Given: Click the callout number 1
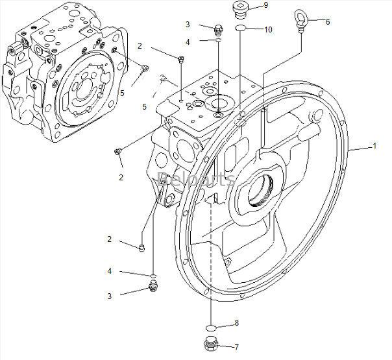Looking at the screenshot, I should (x=374, y=146).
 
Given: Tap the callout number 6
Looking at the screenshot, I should (x=328, y=21).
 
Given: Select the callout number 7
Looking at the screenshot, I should (x=236, y=347).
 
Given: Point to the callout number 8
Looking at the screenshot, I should (x=236, y=322).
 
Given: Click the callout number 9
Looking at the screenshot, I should (x=265, y=5).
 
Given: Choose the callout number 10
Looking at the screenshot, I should (x=268, y=30).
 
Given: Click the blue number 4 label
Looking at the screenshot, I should (x=110, y=270).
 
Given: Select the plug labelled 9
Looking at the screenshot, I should (x=240, y=10).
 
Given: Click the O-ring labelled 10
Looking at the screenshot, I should (x=240, y=29).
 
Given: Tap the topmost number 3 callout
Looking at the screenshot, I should (x=188, y=25).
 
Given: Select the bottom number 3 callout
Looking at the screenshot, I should (x=110, y=296).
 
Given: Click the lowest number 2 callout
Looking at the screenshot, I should (x=110, y=239).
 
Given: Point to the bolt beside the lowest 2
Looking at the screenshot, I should (x=141, y=247).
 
